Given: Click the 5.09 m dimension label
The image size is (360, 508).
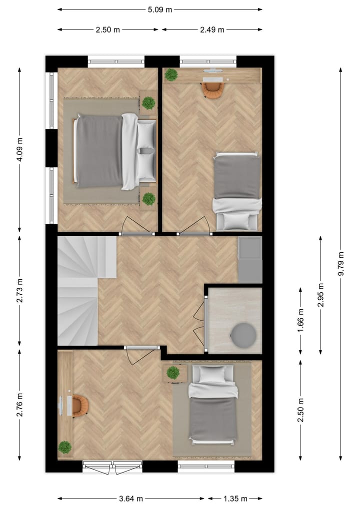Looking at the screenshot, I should click(x=159, y=9).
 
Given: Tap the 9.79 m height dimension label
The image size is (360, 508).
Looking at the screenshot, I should click(x=341, y=263).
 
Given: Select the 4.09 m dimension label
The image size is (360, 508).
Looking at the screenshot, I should click(x=19, y=148).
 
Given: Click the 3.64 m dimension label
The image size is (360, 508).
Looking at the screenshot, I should click(x=131, y=498).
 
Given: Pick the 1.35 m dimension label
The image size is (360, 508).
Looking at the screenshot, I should click(x=235, y=498).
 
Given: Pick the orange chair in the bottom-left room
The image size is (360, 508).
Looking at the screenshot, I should click(x=79, y=406).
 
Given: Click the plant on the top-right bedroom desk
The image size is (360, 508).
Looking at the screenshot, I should click(x=171, y=75).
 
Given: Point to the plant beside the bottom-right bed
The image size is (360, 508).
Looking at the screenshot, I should click(x=173, y=373).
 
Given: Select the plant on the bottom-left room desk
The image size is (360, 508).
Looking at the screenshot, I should click(x=64, y=447).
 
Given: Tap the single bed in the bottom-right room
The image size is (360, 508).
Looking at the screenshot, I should click(x=212, y=405).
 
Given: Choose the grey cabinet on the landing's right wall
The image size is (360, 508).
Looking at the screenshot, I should click(x=250, y=260).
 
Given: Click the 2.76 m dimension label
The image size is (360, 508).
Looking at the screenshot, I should click(x=19, y=405).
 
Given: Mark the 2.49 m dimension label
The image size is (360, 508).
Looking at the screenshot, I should click(x=212, y=29).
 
